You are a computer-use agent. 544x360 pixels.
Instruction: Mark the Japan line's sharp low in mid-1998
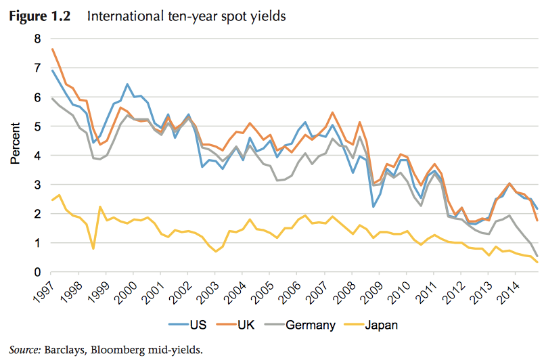tap(93, 248)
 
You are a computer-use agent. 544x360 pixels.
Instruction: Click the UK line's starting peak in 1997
tap(53, 49)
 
